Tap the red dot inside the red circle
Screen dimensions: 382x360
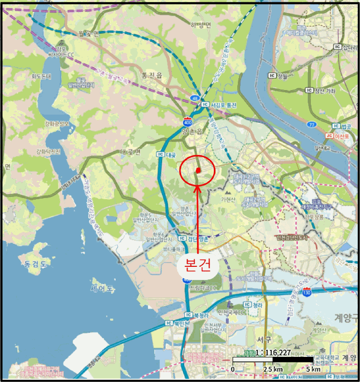pyautogui.click(x=198, y=170)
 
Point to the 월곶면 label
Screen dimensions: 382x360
pyautogui.click(x=88, y=33)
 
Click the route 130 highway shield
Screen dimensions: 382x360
pyautogui.click(x=307, y=293)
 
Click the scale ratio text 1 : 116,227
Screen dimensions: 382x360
pyautogui.click(x=273, y=353)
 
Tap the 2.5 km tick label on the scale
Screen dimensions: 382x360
pyautogui.click(x=273, y=369)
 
